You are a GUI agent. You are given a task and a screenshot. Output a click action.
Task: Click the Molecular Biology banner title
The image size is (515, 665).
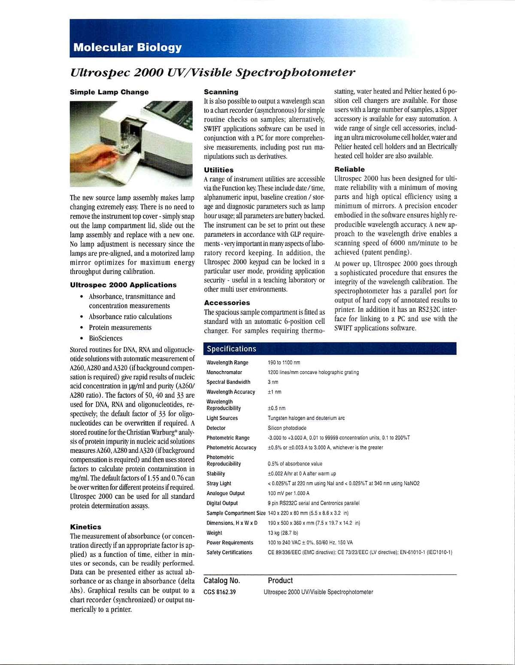(127, 47)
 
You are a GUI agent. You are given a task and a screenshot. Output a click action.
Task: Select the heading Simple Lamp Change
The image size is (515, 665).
(109, 92)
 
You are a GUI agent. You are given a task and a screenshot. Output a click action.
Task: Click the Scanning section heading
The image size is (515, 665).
(221, 92)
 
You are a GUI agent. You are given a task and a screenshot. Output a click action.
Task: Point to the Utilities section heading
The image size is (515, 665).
(218, 170)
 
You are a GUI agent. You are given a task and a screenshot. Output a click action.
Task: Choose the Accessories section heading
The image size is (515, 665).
(227, 302)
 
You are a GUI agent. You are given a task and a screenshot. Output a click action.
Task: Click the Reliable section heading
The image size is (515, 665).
(349, 169)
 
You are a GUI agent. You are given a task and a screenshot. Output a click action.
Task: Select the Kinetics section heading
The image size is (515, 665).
(85, 527)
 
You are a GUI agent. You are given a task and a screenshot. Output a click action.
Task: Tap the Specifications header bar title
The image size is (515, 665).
(231, 349)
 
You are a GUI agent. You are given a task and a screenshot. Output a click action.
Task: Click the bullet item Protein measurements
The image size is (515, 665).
(120, 327)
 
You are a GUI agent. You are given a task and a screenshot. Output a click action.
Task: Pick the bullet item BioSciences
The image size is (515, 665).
(105, 338)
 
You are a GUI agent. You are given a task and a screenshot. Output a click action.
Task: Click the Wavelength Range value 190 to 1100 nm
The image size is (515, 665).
(284, 363)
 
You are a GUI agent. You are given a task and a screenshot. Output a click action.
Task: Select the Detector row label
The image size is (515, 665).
(216, 428)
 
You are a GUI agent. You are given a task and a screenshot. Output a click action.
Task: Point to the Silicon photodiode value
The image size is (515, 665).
(287, 428)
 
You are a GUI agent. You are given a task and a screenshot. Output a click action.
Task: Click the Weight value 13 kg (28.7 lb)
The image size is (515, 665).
(282, 533)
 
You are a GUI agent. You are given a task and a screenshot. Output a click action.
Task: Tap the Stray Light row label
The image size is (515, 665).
(218, 484)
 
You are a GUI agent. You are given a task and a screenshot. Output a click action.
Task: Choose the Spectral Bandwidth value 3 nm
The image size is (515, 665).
(273, 382)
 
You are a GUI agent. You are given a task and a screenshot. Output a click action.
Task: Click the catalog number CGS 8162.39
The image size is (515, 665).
(219, 592)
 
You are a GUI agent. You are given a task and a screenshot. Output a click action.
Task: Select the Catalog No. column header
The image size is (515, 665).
(221, 580)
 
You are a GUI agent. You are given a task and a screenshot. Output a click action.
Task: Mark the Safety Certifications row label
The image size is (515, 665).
(229, 552)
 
